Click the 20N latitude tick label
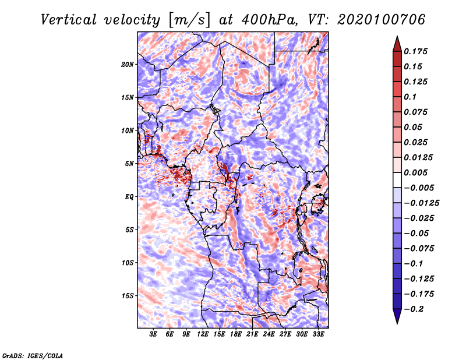[x=128, y=65]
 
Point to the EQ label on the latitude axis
[x=129, y=197]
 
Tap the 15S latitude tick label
[x=128, y=296]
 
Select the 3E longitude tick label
[x=153, y=334]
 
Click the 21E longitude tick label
[x=252, y=334]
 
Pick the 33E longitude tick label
[x=318, y=334]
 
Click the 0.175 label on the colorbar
[x=415, y=51]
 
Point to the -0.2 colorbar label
[x=414, y=309]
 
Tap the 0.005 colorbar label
[x=415, y=172]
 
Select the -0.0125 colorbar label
[x=421, y=203]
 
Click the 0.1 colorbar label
[x=410, y=97]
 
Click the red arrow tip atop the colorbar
[x=397, y=37]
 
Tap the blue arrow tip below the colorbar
[x=397, y=323]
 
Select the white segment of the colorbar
[x=397, y=180]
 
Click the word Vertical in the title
[x=69, y=20]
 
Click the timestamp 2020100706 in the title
[x=382, y=20]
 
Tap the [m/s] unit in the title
[x=189, y=20]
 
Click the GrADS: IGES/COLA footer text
[x=33, y=356]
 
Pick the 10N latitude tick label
[x=128, y=130]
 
